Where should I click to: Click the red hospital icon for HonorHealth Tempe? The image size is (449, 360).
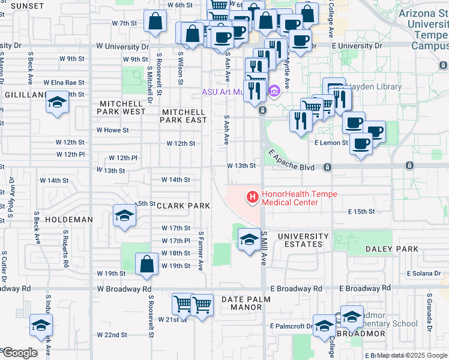[252, 196]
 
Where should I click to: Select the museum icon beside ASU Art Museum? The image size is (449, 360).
[275, 91]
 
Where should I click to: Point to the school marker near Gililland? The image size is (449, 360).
[57, 103]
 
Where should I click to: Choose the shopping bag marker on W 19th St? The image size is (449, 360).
[146, 263]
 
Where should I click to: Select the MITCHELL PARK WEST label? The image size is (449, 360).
[122, 107]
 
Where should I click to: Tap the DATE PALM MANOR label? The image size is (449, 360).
[246, 303]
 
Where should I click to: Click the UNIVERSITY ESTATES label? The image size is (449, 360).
[303, 240]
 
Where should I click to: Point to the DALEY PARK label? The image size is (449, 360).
[394, 249]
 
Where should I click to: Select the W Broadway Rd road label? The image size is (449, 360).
[124, 289]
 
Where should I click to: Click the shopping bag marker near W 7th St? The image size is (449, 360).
[155, 22]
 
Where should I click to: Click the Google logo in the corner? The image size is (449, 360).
[20, 353]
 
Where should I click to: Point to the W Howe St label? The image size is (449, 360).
[113, 130]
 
